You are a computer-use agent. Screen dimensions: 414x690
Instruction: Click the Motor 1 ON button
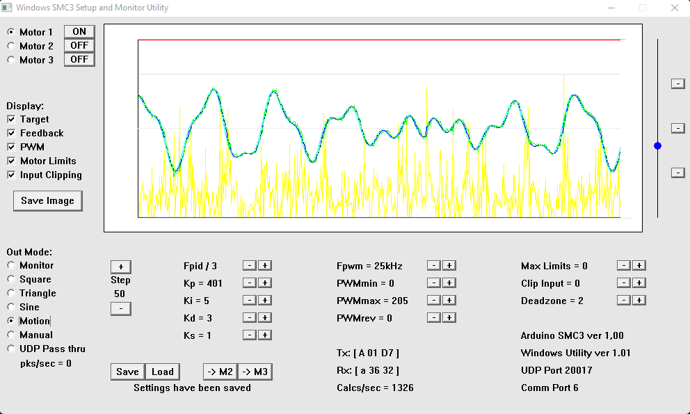tap(79, 31)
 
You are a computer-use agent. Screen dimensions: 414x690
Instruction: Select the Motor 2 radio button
tap(11, 46)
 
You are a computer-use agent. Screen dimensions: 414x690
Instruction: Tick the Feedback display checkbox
tap(11, 133)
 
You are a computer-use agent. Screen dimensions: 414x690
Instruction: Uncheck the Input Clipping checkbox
tap(11, 175)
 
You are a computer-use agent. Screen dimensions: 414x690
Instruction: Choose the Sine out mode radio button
tap(11, 307)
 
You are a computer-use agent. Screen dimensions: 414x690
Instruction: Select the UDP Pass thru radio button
tap(11, 349)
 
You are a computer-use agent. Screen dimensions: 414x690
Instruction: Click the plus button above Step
tap(120, 266)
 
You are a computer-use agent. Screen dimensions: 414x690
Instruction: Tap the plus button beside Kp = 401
tap(265, 282)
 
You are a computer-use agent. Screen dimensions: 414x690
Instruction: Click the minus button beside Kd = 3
tap(248, 317)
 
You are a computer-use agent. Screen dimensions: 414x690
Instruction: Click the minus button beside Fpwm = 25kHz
tap(433, 265)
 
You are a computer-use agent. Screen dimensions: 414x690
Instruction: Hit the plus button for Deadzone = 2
tap(639, 300)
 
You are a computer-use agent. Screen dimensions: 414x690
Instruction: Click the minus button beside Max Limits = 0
tap(623, 265)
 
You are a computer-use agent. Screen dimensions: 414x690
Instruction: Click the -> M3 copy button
tap(255, 372)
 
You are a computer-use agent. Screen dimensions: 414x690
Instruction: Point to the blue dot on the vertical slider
tap(657, 145)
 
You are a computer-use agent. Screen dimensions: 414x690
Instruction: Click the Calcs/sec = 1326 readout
tap(375, 388)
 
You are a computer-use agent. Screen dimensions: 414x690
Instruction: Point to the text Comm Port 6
tap(549, 388)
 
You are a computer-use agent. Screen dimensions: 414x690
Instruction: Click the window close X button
tap(674, 8)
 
